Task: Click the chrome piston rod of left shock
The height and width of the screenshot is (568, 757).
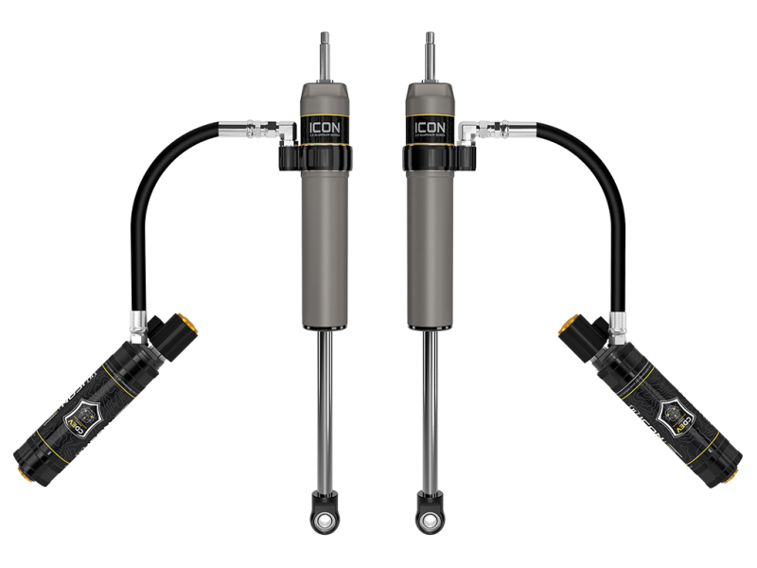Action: pyautogui.click(x=325, y=407)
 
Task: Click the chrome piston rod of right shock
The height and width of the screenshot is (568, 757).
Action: pyautogui.click(x=431, y=407)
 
